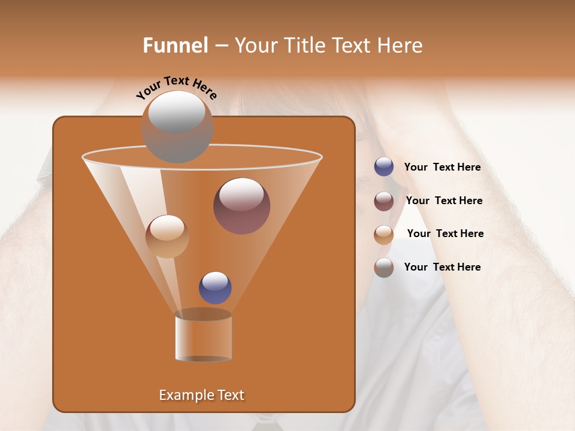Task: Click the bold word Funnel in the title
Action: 175,45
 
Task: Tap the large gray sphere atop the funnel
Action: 177,127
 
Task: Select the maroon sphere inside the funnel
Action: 241,207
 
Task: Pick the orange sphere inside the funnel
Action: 167,236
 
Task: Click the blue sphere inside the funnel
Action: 215,288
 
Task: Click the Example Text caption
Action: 201,395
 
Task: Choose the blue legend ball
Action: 384,167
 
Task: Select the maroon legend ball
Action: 384,201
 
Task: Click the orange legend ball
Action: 384,234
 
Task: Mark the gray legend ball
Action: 384,268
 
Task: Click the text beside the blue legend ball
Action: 442,168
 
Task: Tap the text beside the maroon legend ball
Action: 444,201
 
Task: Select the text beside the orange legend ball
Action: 445,234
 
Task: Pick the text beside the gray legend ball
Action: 442,268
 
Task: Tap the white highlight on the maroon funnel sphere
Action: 241,194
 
